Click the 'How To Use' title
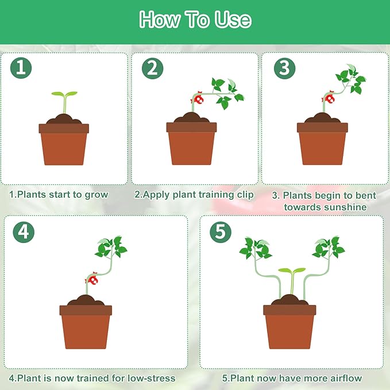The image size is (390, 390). coord(195,20)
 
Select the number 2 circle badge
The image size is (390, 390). coord(152,68)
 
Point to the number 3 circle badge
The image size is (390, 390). coord(284,68)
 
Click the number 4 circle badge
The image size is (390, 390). coord(22,231)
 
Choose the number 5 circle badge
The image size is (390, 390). coord(220,231)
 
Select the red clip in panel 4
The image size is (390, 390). coord(91,279)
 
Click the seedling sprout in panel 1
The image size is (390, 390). coord(64,101)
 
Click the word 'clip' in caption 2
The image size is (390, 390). coord(245,194)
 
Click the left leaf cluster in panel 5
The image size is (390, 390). coord(254,248)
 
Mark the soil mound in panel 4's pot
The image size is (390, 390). coord(86,300)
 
